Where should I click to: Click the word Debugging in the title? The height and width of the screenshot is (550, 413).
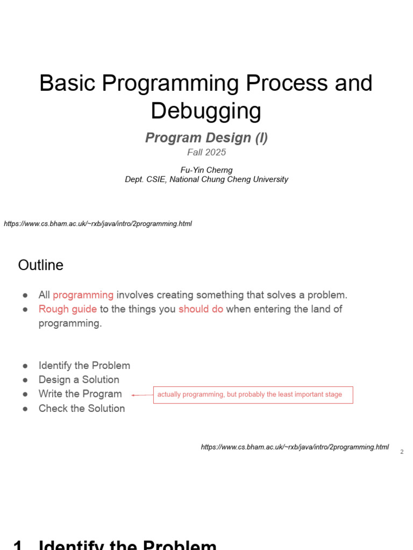click(206, 111)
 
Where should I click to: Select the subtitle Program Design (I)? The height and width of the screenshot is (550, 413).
click(206, 137)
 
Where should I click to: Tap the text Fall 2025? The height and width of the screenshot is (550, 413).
click(206, 152)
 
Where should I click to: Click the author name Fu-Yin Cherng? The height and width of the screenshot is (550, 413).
click(206, 170)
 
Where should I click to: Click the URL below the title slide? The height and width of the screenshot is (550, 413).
click(98, 224)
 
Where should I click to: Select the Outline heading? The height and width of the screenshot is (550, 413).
click(41, 265)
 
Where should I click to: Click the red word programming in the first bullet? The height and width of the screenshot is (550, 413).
click(83, 295)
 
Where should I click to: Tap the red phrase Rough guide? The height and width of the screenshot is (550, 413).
click(68, 309)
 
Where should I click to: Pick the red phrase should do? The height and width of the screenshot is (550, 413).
click(201, 309)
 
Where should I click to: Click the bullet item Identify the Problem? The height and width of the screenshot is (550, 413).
click(84, 365)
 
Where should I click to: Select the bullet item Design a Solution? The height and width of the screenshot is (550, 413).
click(79, 380)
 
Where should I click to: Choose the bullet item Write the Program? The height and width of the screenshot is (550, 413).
click(80, 394)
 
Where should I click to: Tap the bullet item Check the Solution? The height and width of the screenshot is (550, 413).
click(82, 408)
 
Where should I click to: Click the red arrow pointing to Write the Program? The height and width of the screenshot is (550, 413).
click(142, 395)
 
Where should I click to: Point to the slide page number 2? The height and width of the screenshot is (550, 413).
click(402, 452)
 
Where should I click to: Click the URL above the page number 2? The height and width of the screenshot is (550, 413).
click(295, 447)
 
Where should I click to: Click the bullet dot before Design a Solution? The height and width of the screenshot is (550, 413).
click(25, 380)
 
